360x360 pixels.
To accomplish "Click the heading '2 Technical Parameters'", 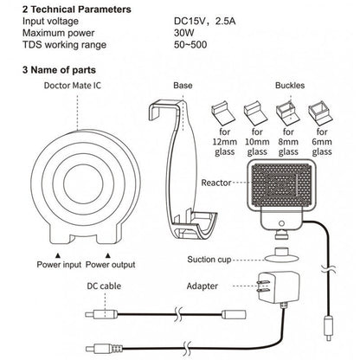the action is pos(77,10).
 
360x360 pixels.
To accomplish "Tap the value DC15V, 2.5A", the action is pos(204,22).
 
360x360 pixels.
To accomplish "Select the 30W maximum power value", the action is pos(184,33).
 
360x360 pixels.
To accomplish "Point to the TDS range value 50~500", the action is pos(190,45).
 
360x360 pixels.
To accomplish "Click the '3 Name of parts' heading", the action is pos(59,70).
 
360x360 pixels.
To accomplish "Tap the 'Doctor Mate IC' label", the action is pos(73,86).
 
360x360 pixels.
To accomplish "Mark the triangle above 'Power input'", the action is pos(58,255).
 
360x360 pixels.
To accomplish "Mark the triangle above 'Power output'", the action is pos(108,255).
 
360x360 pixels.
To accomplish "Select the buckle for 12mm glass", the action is pos(223,113).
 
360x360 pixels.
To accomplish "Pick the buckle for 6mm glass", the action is pos(320,113).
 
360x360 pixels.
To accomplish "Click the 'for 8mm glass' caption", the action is pos(288,142).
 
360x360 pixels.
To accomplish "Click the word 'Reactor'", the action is pos(216,183).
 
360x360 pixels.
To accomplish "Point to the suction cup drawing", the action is pos(282,255).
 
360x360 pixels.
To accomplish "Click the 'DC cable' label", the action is pos(104,286).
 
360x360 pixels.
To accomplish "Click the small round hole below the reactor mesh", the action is pos(282,223).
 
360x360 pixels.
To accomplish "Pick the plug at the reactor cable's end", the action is pos(328,329).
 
